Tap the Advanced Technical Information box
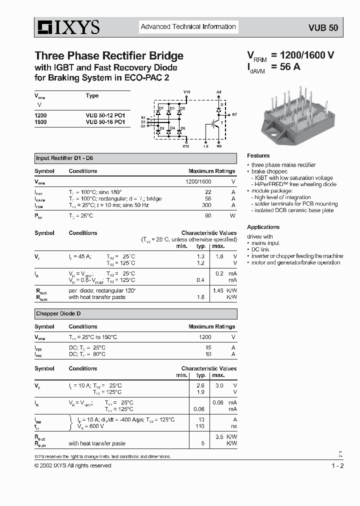click(188, 27)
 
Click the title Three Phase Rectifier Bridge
click(109, 55)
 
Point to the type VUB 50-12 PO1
click(105, 115)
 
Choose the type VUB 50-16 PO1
click(105, 121)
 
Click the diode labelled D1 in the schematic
click(158, 112)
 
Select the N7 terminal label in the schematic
click(234, 114)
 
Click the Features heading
click(258, 155)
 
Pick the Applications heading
click(263, 227)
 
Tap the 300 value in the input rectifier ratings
click(205, 205)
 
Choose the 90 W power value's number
click(208, 215)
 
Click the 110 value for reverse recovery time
click(201, 426)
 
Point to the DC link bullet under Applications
click(260, 249)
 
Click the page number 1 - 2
click(337, 466)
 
